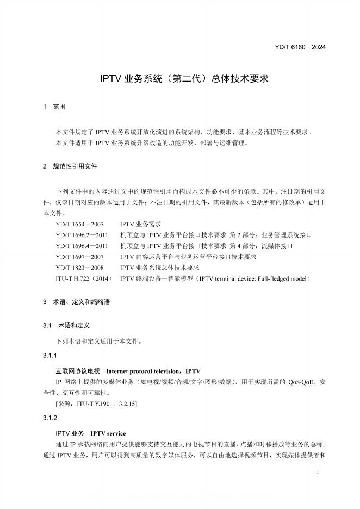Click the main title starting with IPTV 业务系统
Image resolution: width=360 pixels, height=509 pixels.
[x=184, y=78]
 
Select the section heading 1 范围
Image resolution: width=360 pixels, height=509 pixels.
[x=54, y=107]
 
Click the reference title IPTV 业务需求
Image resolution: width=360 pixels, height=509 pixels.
[x=140, y=224]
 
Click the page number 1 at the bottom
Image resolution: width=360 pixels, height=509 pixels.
[x=317, y=473]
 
